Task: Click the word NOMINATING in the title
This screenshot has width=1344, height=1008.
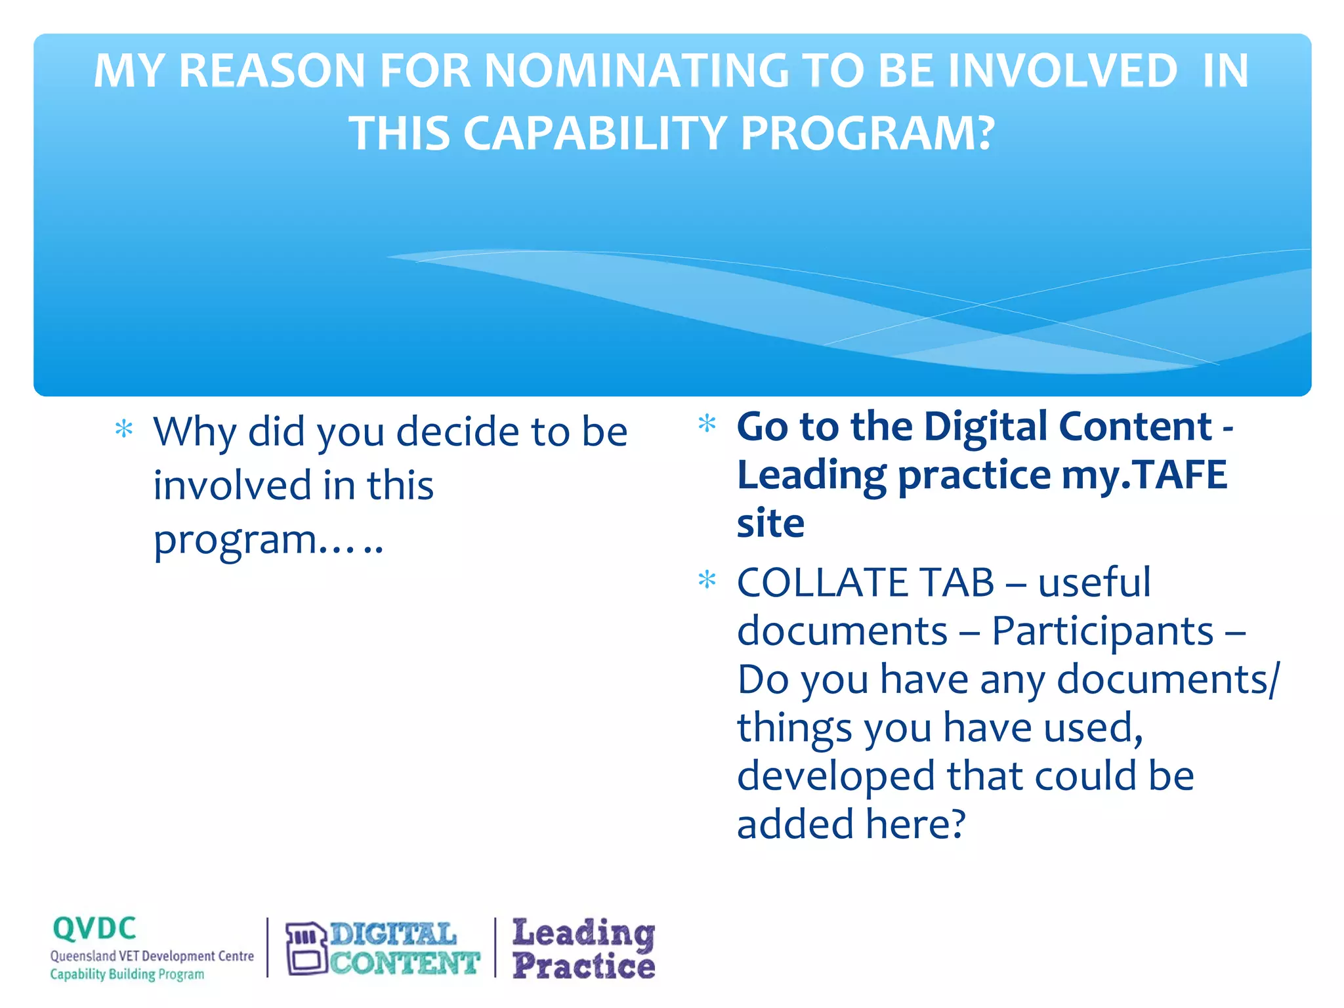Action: [x=634, y=71]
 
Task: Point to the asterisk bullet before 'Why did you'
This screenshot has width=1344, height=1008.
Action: [x=124, y=430]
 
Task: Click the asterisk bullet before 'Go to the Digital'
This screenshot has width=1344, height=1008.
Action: [x=707, y=423]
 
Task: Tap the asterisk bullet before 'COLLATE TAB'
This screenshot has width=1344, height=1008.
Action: [x=707, y=580]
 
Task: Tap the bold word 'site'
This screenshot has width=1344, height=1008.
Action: [x=770, y=524]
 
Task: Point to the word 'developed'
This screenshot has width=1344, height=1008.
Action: [x=835, y=777]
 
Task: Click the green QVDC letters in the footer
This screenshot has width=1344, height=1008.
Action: [x=94, y=929]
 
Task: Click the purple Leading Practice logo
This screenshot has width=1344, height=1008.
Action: [x=583, y=949]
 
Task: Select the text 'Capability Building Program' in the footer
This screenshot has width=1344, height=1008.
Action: [x=127, y=975]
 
